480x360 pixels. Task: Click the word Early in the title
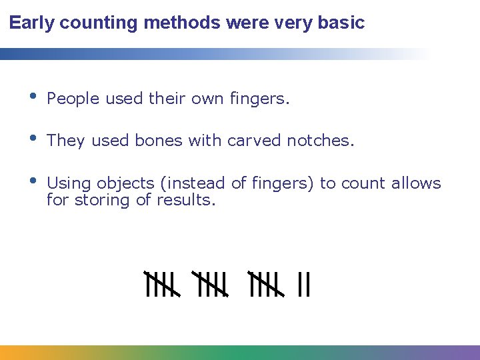[x=32, y=23]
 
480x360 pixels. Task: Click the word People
[x=71, y=99]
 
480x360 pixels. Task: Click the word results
[x=186, y=199]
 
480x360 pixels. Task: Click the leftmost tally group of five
[x=161, y=284]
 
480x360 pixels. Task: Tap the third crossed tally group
[x=265, y=284]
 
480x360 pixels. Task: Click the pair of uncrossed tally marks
[x=304, y=285]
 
